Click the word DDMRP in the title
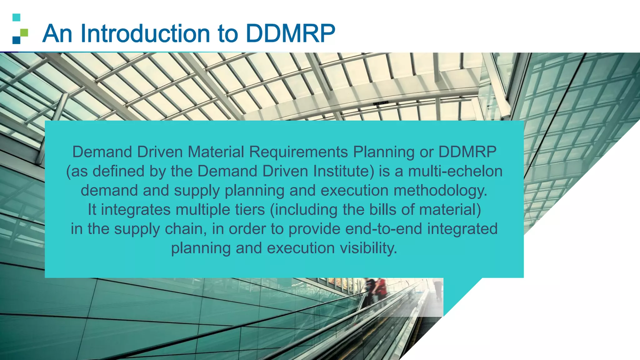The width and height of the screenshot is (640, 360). point(291,33)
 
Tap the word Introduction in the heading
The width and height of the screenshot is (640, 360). point(145,33)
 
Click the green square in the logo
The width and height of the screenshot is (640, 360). point(24,32)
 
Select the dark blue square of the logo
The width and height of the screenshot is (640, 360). point(16,40)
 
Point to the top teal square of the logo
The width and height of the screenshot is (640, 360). point(16,17)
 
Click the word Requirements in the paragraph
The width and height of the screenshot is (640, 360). point(298,152)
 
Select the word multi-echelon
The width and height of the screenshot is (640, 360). point(455,171)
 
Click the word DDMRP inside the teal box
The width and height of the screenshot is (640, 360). point(467,152)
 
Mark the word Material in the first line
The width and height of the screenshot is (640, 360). point(216,152)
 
